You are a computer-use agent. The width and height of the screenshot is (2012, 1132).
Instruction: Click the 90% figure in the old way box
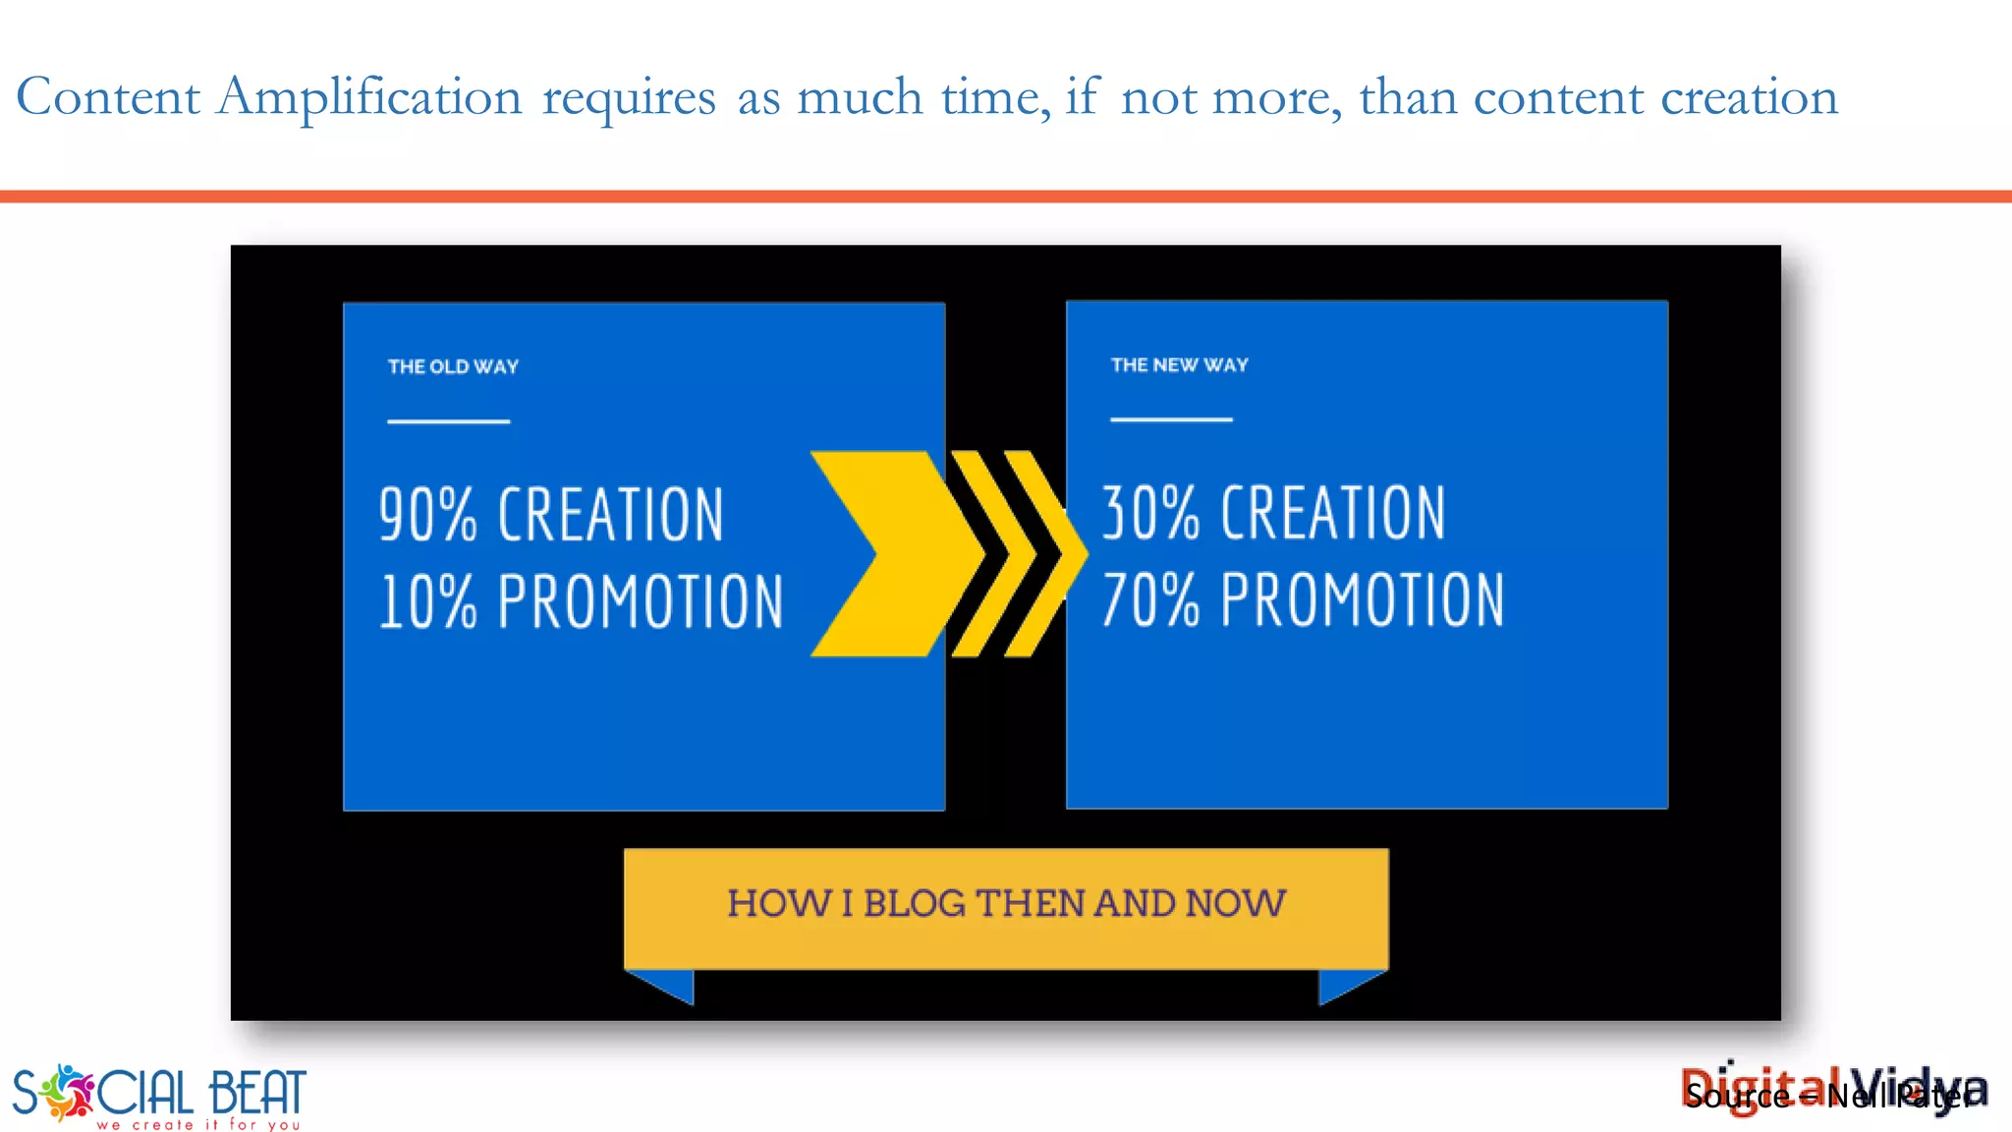(x=428, y=514)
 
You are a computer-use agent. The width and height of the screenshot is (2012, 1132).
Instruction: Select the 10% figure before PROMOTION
(x=428, y=601)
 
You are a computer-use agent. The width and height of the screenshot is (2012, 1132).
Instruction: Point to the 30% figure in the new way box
(x=1150, y=512)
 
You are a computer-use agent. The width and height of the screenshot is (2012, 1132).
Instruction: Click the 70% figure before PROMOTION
(x=1150, y=599)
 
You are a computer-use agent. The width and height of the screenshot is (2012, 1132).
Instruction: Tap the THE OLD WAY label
(x=453, y=367)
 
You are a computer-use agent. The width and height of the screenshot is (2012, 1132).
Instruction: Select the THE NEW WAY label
(x=1179, y=365)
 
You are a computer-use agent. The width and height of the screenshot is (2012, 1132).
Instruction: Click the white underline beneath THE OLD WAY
(x=448, y=422)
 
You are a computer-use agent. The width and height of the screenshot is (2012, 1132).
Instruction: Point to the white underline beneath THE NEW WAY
(x=1171, y=420)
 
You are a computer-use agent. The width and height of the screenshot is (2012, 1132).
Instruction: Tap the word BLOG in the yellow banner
(x=914, y=903)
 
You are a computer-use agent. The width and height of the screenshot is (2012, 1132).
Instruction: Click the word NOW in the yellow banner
(x=1235, y=903)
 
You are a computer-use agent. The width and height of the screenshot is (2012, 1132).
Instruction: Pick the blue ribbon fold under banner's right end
(x=1344, y=984)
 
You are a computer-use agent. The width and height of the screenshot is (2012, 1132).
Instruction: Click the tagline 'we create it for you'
(x=197, y=1124)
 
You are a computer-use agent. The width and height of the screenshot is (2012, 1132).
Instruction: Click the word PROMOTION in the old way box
(x=641, y=601)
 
